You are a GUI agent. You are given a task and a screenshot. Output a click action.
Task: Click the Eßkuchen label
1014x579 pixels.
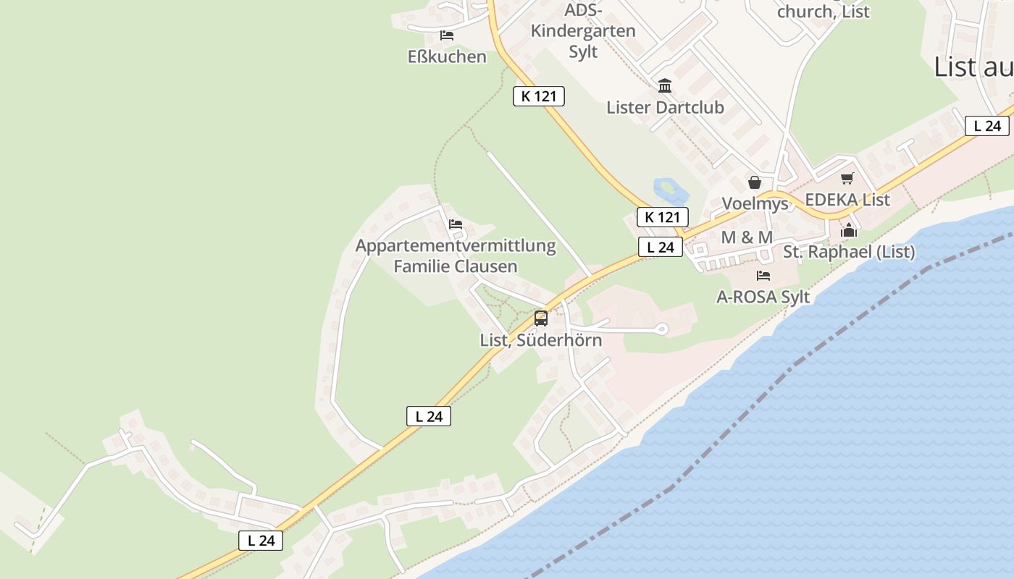point(447,56)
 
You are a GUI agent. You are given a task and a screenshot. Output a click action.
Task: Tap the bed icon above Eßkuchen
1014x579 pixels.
point(447,35)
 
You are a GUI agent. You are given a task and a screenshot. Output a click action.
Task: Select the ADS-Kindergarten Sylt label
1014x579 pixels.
point(583,31)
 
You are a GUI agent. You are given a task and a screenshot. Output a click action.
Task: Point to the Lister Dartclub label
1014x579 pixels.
point(665,108)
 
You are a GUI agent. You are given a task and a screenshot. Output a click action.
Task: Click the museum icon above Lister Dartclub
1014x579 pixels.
point(665,87)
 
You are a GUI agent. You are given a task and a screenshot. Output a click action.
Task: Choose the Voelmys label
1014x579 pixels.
point(755,203)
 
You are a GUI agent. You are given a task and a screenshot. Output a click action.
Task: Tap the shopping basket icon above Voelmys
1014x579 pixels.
point(755,182)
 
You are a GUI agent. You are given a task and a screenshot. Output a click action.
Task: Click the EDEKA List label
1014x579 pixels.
point(847,200)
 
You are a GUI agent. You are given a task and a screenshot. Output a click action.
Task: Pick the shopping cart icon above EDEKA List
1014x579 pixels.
point(847,178)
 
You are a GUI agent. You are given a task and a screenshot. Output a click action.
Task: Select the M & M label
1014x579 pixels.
point(747,237)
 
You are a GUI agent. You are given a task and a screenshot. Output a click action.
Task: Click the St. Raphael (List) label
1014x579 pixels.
point(849,252)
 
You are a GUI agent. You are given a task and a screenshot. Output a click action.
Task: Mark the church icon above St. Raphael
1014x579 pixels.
point(849,231)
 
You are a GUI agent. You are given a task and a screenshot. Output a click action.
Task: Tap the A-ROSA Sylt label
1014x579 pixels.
point(763,297)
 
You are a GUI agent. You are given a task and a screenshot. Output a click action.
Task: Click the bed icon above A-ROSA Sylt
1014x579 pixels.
point(763,276)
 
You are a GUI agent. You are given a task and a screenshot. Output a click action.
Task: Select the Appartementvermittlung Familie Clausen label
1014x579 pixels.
point(456,255)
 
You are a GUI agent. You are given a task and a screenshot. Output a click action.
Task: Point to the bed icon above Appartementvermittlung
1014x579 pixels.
point(456,224)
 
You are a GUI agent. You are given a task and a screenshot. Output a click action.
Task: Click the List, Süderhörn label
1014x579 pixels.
point(540,339)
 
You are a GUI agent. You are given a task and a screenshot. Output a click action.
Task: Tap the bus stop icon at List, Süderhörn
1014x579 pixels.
point(540,318)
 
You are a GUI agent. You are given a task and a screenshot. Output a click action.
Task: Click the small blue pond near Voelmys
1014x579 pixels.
point(671,190)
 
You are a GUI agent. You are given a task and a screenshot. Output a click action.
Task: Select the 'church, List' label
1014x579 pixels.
point(823,12)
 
